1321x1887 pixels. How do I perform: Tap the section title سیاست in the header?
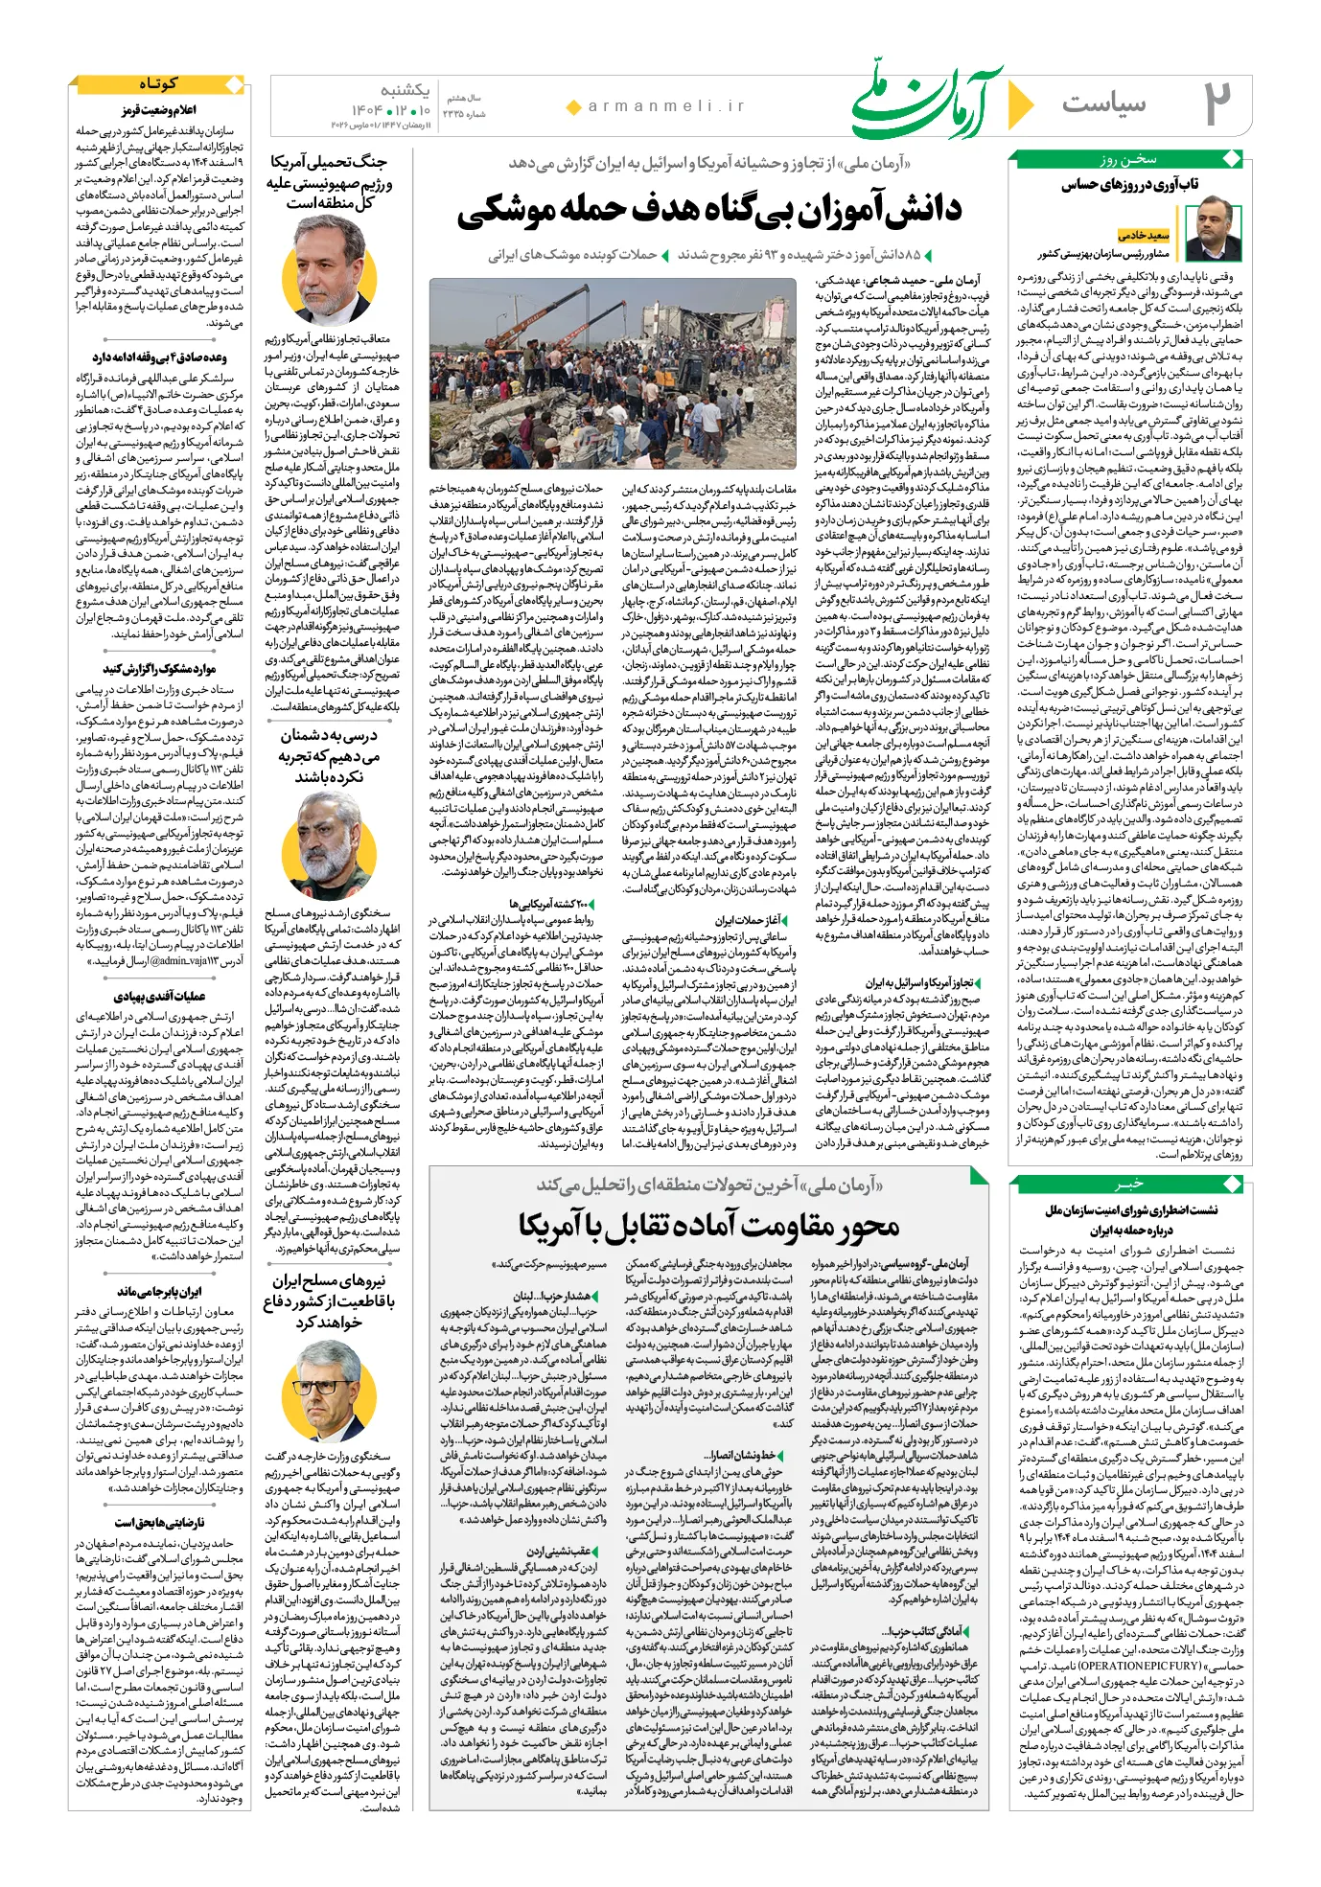(x=1103, y=104)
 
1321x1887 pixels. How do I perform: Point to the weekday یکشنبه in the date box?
(x=405, y=90)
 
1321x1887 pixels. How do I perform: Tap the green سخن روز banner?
(x=1128, y=159)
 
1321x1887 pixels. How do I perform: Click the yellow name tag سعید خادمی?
(x=1144, y=235)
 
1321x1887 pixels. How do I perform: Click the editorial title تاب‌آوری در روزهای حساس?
(x=1129, y=185)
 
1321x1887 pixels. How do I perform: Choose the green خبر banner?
(x=1128, y=1185)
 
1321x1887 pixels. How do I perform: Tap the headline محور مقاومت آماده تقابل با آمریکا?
(x=709, y=1226)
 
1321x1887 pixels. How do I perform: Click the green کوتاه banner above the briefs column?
(x=158, y=84)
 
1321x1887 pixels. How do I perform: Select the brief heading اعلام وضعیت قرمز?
(x=159, y=111)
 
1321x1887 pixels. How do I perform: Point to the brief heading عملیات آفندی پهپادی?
(x=159, y=997)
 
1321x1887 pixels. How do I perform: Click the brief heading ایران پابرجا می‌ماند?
(x=159, y=1292)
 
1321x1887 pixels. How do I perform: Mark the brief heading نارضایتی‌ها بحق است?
(x=159, y=1522)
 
